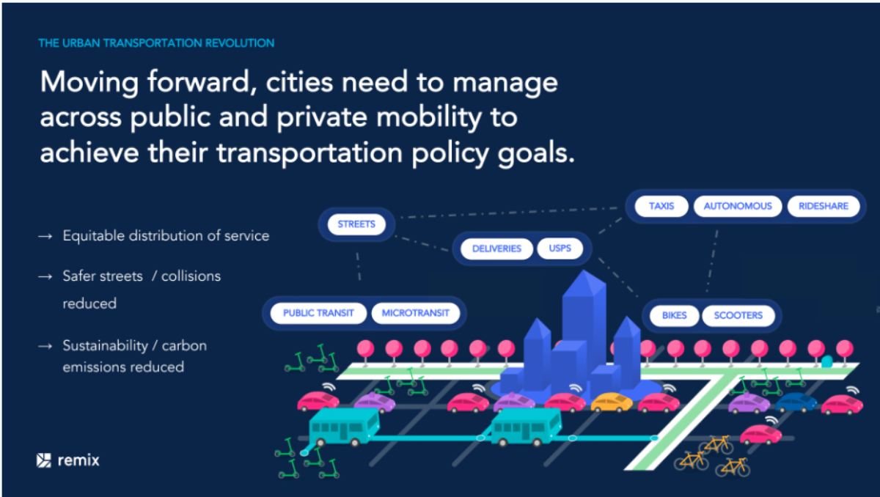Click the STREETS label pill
point(356,224)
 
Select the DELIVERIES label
point(496,248)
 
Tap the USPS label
point(560,248)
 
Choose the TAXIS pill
point(661,206)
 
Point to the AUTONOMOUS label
point(738,206)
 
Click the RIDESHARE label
point(824,206)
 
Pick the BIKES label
point(674,315)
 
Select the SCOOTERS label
point(738,315)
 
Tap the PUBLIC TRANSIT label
point(318,313)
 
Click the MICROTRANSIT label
point(415,313)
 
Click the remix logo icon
point(44,460)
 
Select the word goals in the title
point(532,152)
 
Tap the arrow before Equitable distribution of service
point(45,236)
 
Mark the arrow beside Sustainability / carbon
point(45,346)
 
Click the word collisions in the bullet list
point(191,276)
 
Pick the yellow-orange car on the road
point(612,402)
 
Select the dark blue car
point(796,402)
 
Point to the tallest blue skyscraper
point(584,326)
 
